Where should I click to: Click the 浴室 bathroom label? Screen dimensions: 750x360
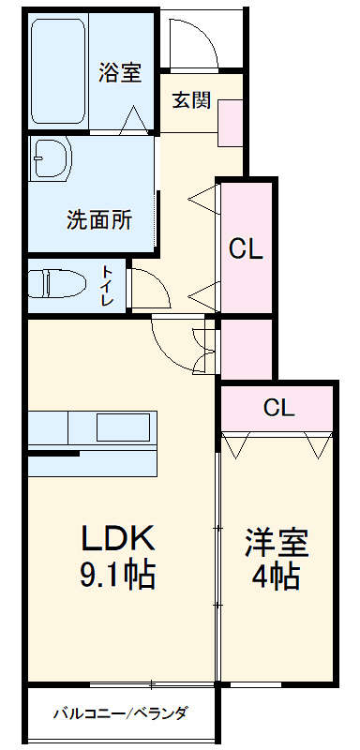pos(120,72)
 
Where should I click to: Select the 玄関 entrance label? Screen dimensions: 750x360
pos(190,100)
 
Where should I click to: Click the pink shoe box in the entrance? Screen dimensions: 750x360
pos(231,122)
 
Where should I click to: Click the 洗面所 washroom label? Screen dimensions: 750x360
pos(98,221)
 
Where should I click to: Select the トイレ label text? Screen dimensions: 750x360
pos(107,287)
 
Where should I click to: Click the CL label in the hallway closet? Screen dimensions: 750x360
pos(247,249)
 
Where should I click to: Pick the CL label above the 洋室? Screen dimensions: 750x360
pos(278,409)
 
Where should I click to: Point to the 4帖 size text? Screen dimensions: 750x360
pos(277,576)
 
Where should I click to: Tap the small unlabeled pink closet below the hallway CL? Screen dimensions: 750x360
pos(246,347)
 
